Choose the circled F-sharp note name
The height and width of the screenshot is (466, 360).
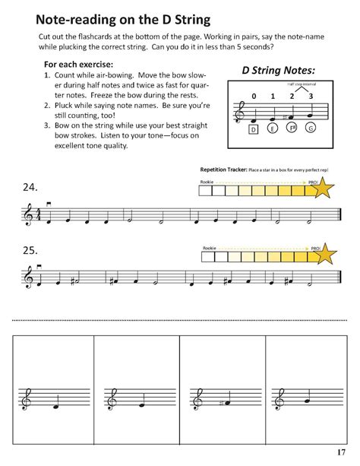click(292, 129)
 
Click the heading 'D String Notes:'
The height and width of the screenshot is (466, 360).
click(277, 71)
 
